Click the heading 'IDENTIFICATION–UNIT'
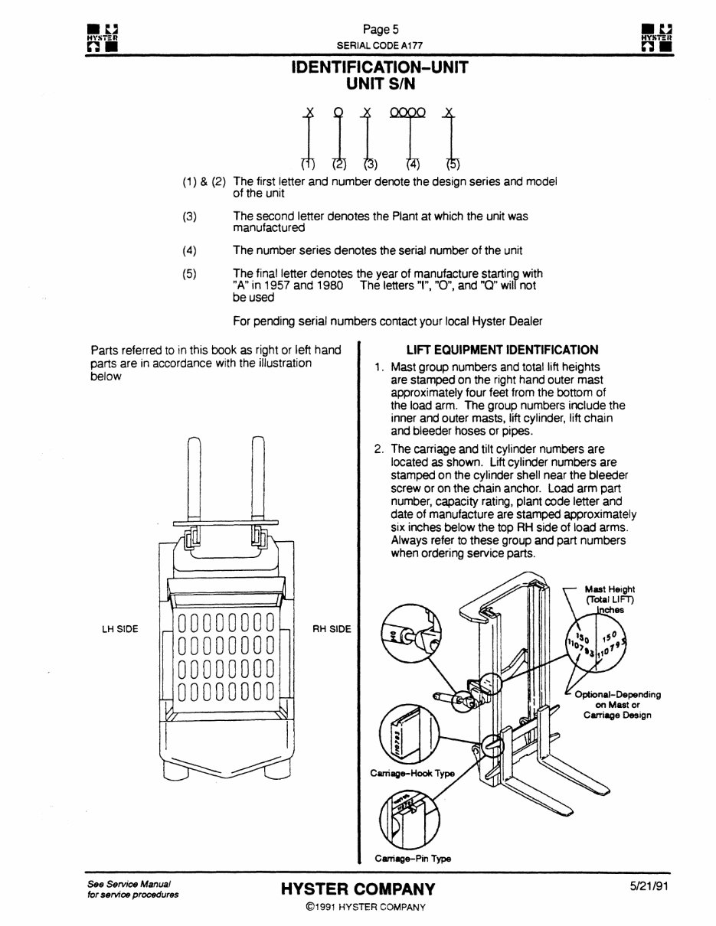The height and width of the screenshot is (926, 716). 380,67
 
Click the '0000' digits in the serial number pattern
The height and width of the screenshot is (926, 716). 407,112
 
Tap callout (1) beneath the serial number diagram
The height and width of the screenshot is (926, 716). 307,164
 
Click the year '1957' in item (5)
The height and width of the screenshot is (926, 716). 278,285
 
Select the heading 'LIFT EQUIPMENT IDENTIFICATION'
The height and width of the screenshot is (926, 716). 502,350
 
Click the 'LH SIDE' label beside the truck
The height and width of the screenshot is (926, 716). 120,629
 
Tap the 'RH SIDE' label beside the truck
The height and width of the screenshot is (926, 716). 332,629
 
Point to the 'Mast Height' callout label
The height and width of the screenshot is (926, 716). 610,589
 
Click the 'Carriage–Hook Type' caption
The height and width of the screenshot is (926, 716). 412,773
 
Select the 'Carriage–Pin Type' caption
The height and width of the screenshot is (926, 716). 413,859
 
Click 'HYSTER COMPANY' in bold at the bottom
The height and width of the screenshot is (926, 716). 358,889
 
